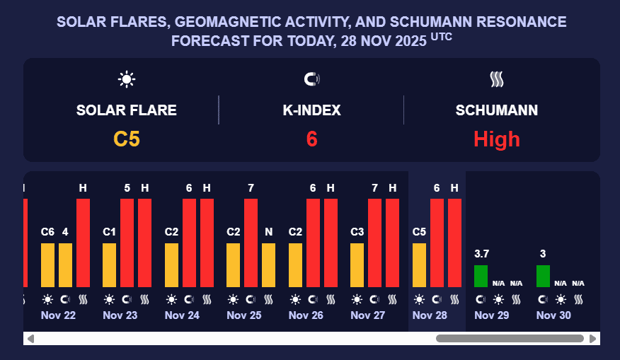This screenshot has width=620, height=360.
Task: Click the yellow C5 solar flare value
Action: pyautogui.click(x=127, y=139)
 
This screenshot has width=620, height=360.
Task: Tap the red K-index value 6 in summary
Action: pyautogui.click(x=311, y=139)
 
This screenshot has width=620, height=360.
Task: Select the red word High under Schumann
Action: pyautogui.click(x=496, y=139)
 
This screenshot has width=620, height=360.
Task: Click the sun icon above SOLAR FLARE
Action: pyautogui.click(x=127, y=79)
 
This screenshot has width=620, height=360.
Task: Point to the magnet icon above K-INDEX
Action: pyautogui.click(x=311, y=79)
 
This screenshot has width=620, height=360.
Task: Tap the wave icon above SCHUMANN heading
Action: pyautogui.click(x=496, y=79)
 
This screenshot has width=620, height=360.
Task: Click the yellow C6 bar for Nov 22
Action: pyautogui.click(x=47, y=265)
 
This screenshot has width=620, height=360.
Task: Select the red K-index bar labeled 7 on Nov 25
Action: pyautogui.click(x=251, y=243)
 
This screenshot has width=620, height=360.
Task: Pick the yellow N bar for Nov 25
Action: pyautogui.click(x=269, y=265)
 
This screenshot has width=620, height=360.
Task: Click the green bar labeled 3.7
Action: pyautogui.click(x=481, y=276)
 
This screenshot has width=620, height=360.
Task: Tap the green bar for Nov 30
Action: pyautogui.click(x=543, y=276)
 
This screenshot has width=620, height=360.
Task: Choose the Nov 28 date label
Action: pyautogui.click(x=430, y=315)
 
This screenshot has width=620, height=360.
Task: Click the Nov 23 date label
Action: pyautogui.click(x=120, y=315)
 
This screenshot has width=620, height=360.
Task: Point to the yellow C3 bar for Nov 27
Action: pyautogui.click(x=357, y=265)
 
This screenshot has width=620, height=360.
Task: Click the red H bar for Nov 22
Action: pyautogui.click(x=83, y=243)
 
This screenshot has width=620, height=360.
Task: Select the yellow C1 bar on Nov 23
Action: pyautogui.click(x=110, y=265)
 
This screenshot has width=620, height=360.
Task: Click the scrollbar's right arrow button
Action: pyautogui.click(x=593, y=339)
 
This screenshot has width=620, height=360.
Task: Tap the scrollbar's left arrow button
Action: pyautogui.click(x=30, y=339)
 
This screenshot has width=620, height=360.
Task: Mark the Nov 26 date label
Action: pyautogui.click(x=306, y=315)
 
